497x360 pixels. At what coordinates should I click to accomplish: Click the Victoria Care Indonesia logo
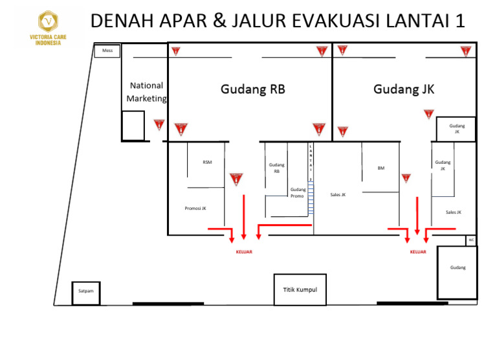click(47, 28)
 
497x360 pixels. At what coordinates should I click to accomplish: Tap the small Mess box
click(107, 51)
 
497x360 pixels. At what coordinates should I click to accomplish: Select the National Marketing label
click(146, 92)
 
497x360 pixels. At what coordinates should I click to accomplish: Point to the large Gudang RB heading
click(252, 89)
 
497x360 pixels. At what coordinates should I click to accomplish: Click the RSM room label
click(207, 162)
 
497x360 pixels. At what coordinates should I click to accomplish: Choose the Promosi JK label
click(195, 208)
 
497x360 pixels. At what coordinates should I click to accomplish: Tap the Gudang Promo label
click(298, 192)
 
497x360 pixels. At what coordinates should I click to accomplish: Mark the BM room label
click(381, 168)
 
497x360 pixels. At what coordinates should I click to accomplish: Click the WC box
click(470, 240)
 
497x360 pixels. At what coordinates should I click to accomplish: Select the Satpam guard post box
click(86, 291)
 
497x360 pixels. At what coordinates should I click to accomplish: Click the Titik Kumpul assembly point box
click(300, 289)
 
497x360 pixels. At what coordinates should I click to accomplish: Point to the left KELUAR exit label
click(243, 252)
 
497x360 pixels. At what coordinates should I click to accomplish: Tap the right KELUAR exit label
click(418, 252)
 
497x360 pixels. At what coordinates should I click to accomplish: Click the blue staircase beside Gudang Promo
click(311, 197)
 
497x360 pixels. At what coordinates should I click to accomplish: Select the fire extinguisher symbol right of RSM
click(236, 179)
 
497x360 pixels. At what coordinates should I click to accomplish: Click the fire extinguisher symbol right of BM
click(406, 178)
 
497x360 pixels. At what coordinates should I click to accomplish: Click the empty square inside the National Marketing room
click(133, 126)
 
